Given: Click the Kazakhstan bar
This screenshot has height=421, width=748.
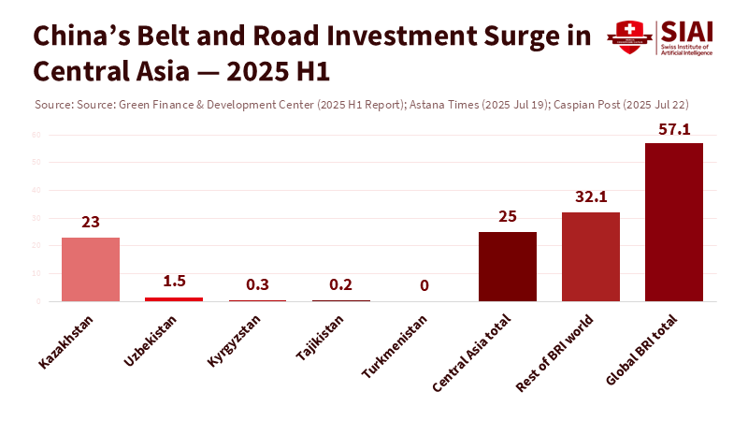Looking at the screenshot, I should [91, 269].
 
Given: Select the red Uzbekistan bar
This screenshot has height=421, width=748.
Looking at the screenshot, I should [174, 298].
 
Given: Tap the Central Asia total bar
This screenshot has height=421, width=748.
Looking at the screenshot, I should [508, 266].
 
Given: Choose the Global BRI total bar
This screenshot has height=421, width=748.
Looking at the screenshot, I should [674, 222].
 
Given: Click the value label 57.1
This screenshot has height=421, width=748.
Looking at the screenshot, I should [674, 129].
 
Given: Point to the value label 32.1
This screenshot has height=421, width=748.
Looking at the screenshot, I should [591, 198].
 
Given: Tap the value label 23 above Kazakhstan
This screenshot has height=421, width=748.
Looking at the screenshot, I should [91, 223].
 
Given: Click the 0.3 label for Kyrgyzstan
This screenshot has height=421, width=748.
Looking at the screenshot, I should [257, 285].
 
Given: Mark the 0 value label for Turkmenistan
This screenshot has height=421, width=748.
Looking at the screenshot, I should [424, 285].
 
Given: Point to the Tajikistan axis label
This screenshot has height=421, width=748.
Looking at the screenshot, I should [321, 340].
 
